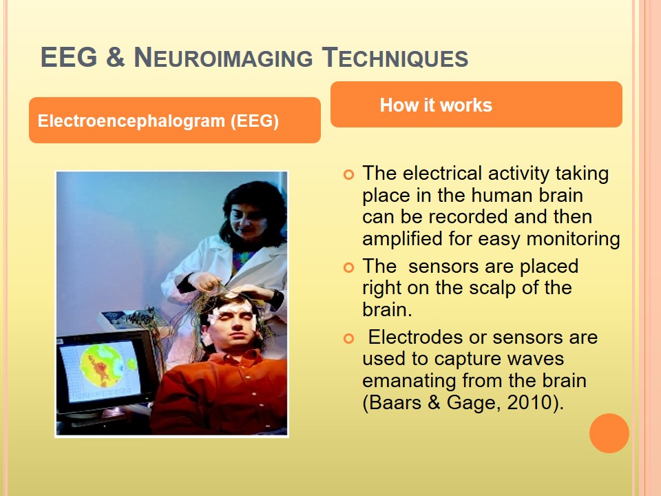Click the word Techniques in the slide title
point(395,57)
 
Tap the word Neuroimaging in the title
point(223,57)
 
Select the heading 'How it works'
point(436,105)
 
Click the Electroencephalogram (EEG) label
point(158,121)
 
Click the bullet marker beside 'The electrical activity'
point(348,174)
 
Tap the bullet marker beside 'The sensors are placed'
point(348,267)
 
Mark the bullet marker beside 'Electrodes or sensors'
point(348,338)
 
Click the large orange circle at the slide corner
point(609,433)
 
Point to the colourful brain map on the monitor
point(103,364)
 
